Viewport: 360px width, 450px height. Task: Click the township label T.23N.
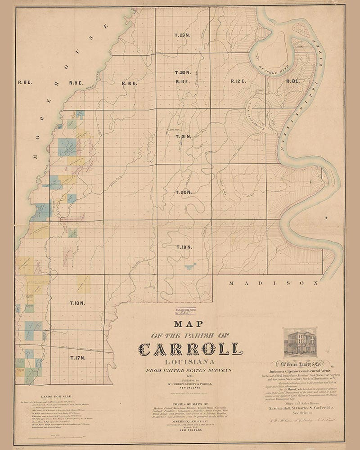183,35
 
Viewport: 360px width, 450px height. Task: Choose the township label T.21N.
183,136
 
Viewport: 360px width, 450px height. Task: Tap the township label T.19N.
184,247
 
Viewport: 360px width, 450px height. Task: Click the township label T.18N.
77,303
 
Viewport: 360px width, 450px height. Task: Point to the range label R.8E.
25,82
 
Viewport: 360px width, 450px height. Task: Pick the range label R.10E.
129,83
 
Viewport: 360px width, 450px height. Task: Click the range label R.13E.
292,81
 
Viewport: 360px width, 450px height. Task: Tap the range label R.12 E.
238,81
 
